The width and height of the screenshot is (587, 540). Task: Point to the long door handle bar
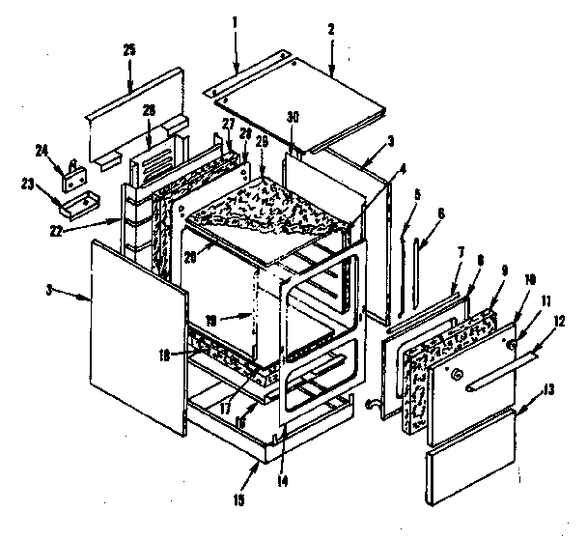[x=501, y=372]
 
